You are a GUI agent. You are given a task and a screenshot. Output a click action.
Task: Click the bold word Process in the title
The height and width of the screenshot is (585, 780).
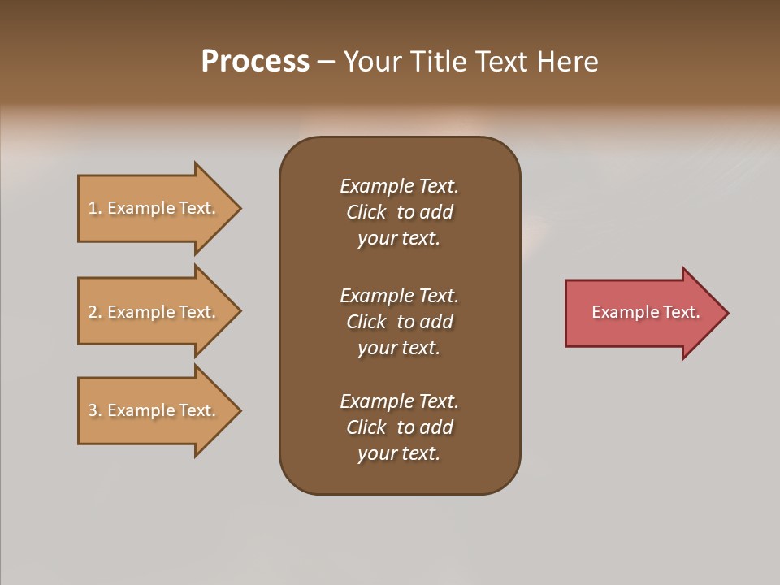[x=255, y=62]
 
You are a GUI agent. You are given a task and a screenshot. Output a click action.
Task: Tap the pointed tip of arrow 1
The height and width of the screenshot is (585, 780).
[x=239, y=208]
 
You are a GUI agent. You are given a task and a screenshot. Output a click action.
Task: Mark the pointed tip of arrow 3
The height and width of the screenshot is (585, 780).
[x=239, y=410]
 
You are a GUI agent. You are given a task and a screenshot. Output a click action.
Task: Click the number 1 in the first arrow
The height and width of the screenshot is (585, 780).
[x=93, y=208]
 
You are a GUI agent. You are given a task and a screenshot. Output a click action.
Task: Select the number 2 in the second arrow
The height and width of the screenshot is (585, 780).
[x=93, y=312]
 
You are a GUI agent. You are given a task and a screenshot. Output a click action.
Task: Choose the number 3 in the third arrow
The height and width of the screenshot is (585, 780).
[x=93, y=410]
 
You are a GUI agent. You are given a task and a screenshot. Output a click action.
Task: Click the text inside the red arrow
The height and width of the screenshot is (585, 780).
[x=645, y=312]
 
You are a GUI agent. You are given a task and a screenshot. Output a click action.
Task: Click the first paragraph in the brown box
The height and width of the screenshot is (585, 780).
[x=399, y=212]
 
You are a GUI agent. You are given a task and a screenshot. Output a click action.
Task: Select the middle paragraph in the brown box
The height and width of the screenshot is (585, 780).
[x=399, y=322]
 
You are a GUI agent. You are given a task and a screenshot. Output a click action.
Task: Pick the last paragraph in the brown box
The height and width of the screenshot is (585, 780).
[x=399, y=427]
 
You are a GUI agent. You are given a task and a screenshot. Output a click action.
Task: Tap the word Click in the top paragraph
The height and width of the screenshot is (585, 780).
[x=366, y=212]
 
